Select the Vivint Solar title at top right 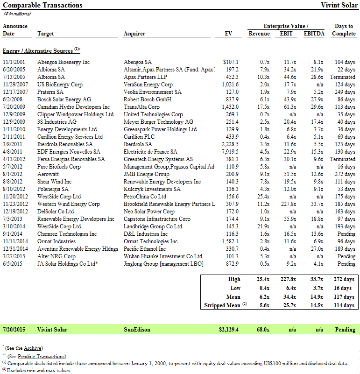[339, 5]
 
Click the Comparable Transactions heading [42, 5]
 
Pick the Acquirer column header [134, 34]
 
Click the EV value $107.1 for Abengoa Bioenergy [231, 62]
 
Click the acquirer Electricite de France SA [150, 152]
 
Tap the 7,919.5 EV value [230, 152]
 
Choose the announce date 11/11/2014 [16, 241]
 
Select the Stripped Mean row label [222, 306]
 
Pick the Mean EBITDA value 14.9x [315, 297]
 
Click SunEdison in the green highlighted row [137, 330]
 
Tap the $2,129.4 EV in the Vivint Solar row [229, 330]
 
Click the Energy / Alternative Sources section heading [38, 50]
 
